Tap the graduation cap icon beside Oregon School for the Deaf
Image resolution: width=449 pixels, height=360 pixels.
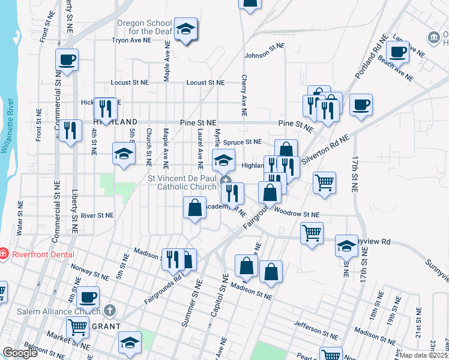pyautogui.click(x=186, y=29)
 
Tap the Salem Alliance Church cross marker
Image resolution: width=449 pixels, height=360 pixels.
pyautogui.click(x=109, y=310)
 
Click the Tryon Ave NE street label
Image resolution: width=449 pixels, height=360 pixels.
pyautogui.click(x=131, y=41)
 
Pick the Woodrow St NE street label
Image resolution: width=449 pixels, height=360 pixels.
pyautogui.click(x=297, y=214)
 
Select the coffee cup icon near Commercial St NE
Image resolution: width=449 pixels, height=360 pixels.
pyautogui.click(x=67, y=60)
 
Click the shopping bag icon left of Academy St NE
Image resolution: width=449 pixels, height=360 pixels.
pyautogui.click(x=194, y=208)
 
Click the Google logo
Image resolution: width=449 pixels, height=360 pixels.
pyautogui.click(x=19, y=353)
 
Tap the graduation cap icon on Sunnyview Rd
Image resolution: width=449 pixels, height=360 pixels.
pyautogui.click(x=346, y=245)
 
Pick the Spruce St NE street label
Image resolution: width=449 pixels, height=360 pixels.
pyautogui.click(x=243, y=142)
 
